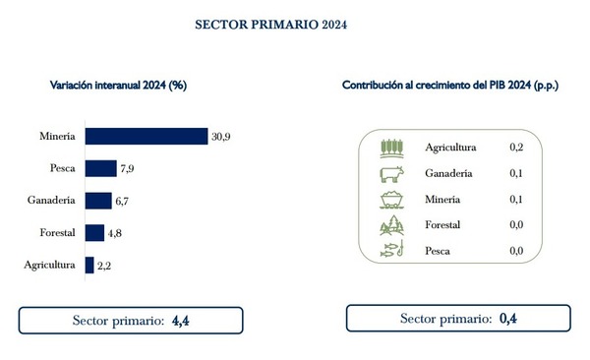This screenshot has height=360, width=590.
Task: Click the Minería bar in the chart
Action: pos(146,137)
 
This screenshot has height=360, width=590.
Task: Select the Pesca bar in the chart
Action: pos(100,168)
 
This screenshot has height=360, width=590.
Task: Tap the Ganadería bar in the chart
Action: pos(97,201)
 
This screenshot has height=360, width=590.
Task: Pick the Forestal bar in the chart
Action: pos(94,232)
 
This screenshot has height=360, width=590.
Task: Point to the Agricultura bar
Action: pos(89,265)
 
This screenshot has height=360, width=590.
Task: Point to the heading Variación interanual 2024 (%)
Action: pos(118,86)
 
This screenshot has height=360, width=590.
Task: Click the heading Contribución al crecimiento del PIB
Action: pos(448,86)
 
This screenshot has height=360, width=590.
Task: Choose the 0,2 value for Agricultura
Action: pos(516,148)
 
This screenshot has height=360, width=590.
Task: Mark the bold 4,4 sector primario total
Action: pos(181,321)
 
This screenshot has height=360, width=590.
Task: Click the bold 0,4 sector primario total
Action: pos(508,319)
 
